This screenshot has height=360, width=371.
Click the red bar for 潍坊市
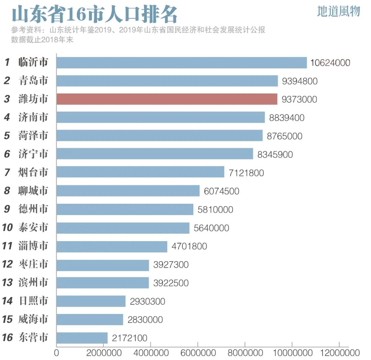pyautogui.click(x=167, y=99)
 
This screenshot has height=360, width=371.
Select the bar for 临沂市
pyautogui.click(x=181, y=63)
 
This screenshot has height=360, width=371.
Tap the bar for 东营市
pyautogui.click(x=82, y=338)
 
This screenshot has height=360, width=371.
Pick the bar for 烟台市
pyautogui.click(x=140, y=172)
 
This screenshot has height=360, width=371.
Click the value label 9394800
pyautogui.click(x=300, y=81)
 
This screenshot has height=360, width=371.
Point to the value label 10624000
pyautogui.click(x=330, y=63)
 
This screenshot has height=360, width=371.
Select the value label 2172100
pyautogui.click(x=130, y=338)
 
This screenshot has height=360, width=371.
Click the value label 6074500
pyautogui.click(x=222, y=191)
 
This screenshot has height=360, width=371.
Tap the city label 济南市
pyautogui.click(x=33, y=117)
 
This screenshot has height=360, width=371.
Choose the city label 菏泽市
pyautogui.click(x=33, y=136)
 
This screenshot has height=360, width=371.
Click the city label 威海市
pyautogui.click(x=33, y=319)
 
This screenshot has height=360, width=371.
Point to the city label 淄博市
pyautogui.click(x=33, y=246)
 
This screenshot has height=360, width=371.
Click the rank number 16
pyautogui.click(x=7, y=338)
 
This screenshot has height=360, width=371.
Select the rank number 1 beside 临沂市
pyautogui.click(x=7, y=63)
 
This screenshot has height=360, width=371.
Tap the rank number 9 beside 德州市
pyautogui.click(x=7, y=209)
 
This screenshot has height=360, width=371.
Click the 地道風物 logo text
pyautogui.click(x=338, y=11)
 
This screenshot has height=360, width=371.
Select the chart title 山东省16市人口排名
pyautogui.click(x=95, y=15)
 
